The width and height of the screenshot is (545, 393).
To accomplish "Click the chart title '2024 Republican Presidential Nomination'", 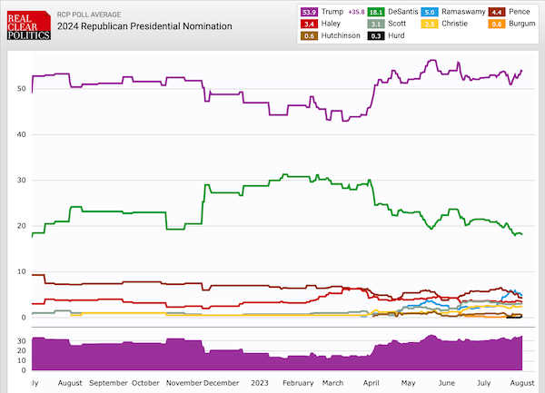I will click(x=144, y=27).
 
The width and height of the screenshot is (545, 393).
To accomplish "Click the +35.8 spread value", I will click(x=356, y=12).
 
